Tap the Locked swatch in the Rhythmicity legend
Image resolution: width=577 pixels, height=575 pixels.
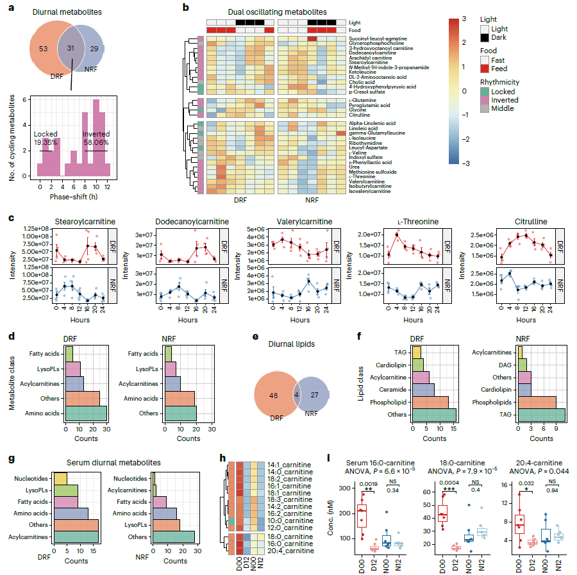[x=485, y=92]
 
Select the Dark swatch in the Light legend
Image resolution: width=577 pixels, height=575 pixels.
[x=485, y=39]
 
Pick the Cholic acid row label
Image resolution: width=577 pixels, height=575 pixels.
[x=363, y=81]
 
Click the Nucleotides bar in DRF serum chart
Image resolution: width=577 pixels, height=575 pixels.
[x=60, y=478]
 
